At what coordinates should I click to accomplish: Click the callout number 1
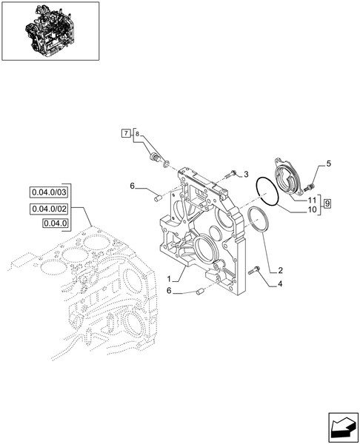pos(170,280)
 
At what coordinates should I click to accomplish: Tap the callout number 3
pos(245,174)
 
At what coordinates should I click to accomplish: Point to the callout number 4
pos(279,283)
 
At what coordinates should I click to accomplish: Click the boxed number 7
pos(127,133)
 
